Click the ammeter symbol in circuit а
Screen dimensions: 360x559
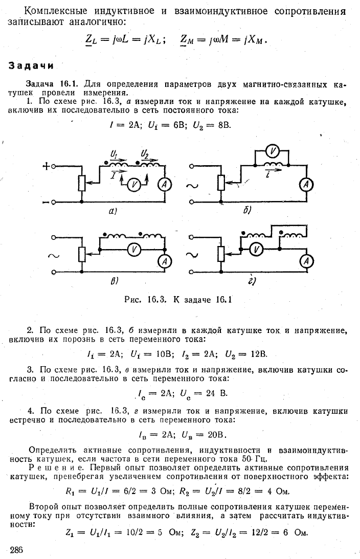[x=164, y=184]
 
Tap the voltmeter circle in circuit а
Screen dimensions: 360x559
[x=133, y=184]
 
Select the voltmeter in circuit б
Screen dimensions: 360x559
[x=273, y=152]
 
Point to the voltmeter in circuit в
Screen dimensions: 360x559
[x=134, y=250]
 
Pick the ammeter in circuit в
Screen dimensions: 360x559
[x=164, y=262]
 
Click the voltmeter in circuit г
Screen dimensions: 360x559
[x=256, y=250]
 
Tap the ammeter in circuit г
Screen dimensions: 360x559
[x=306, y=262]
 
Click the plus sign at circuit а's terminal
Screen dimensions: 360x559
[x=46, y=166]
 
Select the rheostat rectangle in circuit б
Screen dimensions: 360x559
[x=221, y=183]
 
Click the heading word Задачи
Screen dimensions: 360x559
[x=31, y=66]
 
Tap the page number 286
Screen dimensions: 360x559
[x=16, y=549]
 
